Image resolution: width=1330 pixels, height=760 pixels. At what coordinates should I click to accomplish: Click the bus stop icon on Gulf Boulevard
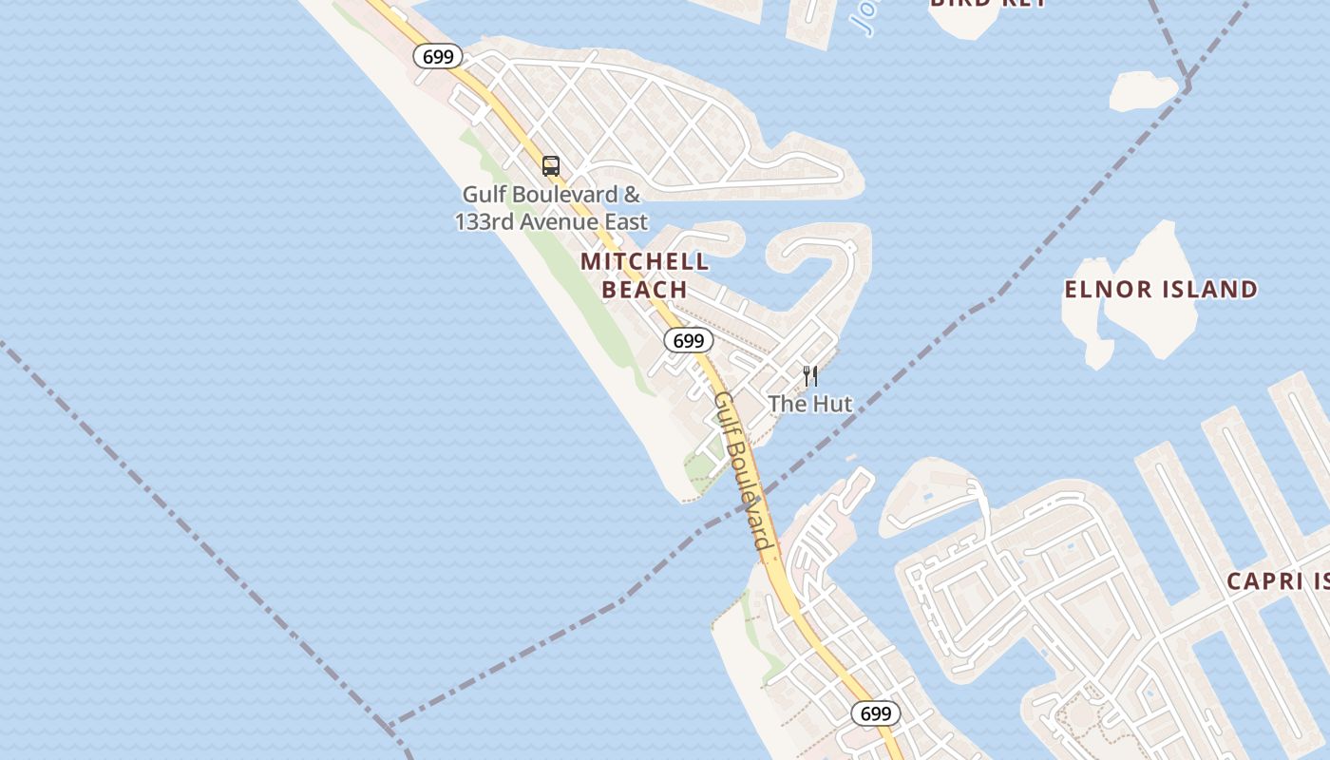click(551, 166)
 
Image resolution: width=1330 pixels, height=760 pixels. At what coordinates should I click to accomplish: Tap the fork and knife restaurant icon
click(810, 376)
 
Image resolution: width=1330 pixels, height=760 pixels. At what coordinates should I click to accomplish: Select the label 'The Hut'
click(810, 404)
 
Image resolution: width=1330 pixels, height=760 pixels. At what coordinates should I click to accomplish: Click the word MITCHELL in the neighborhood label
click(644, 261)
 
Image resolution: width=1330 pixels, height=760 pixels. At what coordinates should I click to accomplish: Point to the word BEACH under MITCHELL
click(644, 290)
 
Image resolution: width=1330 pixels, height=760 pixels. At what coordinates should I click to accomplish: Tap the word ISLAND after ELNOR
click(1210, 290)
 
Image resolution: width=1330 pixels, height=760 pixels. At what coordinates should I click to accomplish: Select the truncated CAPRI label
click(1277, 581)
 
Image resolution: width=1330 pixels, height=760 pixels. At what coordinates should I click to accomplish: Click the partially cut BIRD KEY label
click(988, 4)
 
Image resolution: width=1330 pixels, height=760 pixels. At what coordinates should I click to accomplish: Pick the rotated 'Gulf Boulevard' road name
click(741, 470)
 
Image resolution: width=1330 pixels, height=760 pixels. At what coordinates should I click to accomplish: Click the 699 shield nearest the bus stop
click(438, 56)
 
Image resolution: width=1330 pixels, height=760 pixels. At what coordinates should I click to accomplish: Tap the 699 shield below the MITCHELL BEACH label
click(688, 340)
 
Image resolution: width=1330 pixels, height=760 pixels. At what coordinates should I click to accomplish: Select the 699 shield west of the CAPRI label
click(875, 713)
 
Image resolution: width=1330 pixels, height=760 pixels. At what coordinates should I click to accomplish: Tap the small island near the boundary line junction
click(1143, 91)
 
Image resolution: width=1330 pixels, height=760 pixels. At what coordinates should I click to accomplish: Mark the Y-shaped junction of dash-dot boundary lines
click(1187, 84)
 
